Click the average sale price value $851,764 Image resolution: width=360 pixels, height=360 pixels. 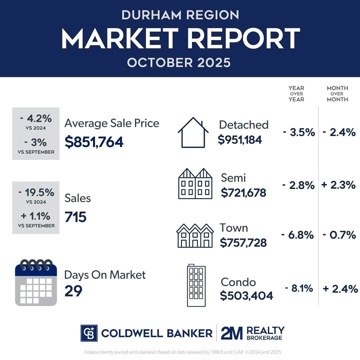click(x=94, y=142)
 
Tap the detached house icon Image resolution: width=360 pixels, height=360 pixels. click(x=193, y=132)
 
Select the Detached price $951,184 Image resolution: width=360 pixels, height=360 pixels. click(x=240, y=140)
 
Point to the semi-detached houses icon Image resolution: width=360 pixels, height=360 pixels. click(x=195, y=184)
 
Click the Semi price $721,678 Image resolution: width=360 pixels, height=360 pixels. click(x=243, y=192)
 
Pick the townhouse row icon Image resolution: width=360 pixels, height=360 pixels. click(x=195, y=235)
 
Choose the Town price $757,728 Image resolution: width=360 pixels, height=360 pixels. click(x=243, y=243)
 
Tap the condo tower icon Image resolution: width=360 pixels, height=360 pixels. click(x=196, y=286)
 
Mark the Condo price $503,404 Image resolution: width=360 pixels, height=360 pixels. click(x=246, y=295)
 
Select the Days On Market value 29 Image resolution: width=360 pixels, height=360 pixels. click(x=73, y=291)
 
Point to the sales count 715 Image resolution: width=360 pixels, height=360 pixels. click(x=75, y=217)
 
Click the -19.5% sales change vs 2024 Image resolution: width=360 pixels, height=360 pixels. click(x=36, y=192)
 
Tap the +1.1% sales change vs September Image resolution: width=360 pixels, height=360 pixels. click(x=36, y=216)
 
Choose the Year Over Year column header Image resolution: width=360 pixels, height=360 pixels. click(x=296, y=93)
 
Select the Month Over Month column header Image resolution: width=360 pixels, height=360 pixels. click(x=337, y=93)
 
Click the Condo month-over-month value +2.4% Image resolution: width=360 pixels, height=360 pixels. click(x=340, y=289)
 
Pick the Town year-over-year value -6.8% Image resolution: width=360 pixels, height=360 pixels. click(x=297, y=235)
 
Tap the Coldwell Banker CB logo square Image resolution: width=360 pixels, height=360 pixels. click(x=89, y=333)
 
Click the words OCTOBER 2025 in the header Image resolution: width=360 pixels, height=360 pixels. click(x=179, y=62)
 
